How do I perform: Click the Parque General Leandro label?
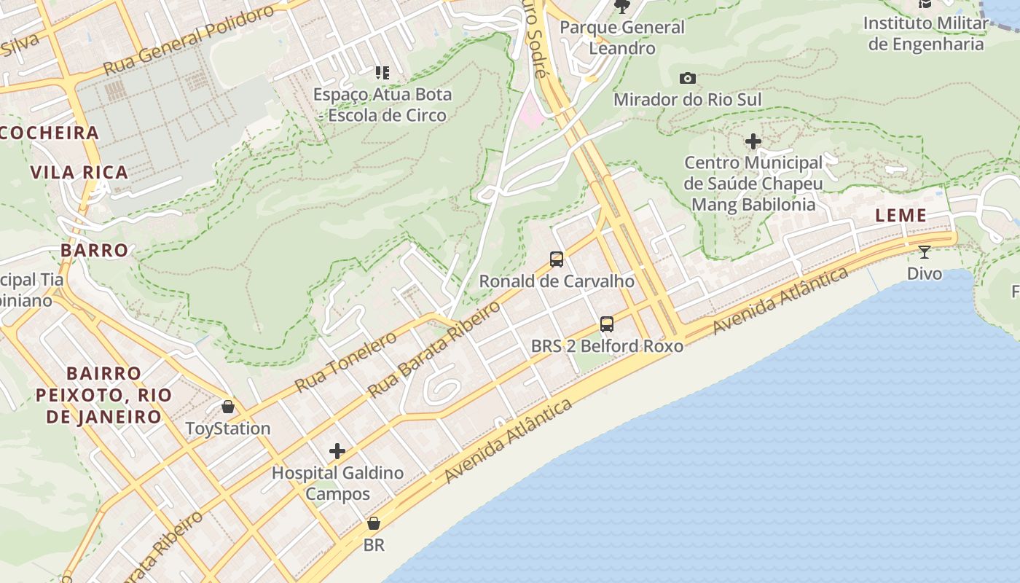click(622, 38)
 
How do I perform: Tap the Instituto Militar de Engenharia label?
click(926, 34)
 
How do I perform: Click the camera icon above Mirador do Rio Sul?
click(687, 78)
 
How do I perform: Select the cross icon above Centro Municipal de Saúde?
click(753, 141)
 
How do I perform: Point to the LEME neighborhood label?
click(901, 216)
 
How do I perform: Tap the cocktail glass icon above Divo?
click(925, 252)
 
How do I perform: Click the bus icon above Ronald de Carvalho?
click(557, 259)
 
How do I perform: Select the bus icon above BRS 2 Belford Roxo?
click(607, 324)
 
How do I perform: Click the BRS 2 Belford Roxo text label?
click(607, 346)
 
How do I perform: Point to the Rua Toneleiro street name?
click(345, 361)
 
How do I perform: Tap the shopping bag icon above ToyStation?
click(228, 407)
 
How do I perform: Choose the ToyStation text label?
click(228, 429)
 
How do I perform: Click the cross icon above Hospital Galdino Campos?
click(337, 451)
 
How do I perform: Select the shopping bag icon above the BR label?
click(374, 523)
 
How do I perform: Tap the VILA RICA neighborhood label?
click(79, 173)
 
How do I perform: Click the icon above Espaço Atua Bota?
click(382, 73)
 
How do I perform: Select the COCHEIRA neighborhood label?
click(50, 133)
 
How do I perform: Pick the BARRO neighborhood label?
click(95, 250)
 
